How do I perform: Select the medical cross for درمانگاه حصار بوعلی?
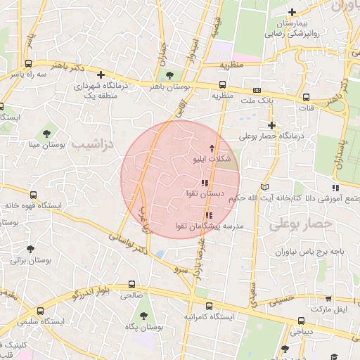pos(271,124)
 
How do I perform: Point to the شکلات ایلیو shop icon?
pos(213,148)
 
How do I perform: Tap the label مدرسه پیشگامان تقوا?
pos(209,226)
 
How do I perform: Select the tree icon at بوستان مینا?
pos(46,132)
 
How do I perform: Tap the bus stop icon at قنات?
pos(306,98)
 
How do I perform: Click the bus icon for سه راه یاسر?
pos(15,72)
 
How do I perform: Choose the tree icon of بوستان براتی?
pos(30,249)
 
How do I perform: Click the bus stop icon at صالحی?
pos(132,285)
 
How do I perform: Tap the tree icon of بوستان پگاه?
pos(144,316)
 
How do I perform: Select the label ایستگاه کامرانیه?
pos(209,317)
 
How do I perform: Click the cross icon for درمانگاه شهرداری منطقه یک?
pos(101,74)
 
